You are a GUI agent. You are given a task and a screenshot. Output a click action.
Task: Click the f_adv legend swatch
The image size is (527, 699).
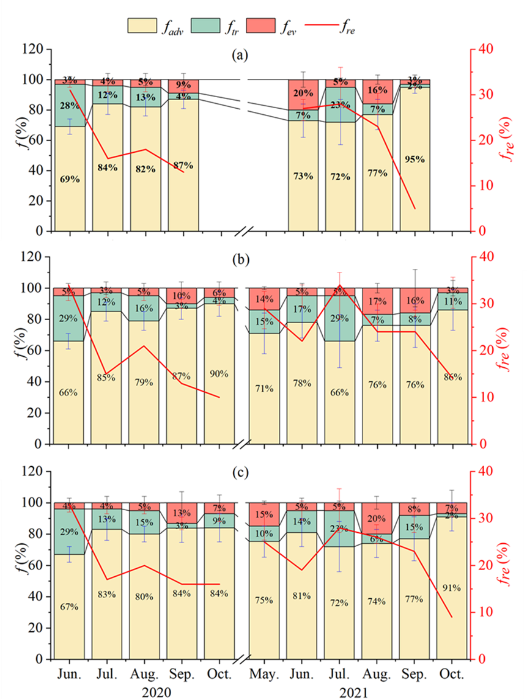coord(143,26)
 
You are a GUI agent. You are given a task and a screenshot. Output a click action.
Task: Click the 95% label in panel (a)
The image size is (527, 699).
coord(415,159)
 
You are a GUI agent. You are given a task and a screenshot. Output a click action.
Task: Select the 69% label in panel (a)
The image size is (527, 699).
coord(70,179)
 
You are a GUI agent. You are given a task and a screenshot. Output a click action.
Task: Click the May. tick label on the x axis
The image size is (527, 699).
coord(265,674)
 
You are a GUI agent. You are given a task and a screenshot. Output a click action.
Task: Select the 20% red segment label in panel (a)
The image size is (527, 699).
coord(303,93)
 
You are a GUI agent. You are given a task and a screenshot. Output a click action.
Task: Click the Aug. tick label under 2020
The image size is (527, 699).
coord(144,674)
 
